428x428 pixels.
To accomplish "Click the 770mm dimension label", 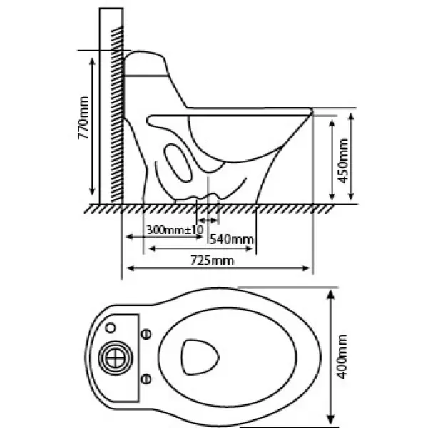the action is coord(83,118).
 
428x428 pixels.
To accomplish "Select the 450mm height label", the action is coord(343,160).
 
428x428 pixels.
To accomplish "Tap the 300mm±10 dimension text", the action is coord(175,230).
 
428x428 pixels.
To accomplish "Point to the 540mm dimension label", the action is coord(232,240).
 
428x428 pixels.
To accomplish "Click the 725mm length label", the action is coord(212,260).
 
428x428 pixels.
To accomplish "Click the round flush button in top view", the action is coord(115,358).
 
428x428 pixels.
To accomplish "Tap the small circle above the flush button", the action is coord(111,327).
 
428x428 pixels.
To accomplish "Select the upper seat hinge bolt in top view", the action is coord(146,334).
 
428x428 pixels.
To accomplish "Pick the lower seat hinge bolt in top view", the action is coord(146,379).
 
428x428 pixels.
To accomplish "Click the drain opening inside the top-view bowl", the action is coord(200,357).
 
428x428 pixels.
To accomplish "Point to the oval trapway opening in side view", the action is coord(178,163).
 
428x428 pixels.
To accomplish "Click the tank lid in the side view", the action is coord(146,63).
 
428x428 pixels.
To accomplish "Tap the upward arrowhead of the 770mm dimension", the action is coord(92,61).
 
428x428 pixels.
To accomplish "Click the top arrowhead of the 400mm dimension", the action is coord(330,295).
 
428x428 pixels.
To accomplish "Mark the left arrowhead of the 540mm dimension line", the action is coord(152,248).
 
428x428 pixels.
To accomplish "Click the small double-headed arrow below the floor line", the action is coord(208,220).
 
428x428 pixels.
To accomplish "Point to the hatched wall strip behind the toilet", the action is coord(118,115).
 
